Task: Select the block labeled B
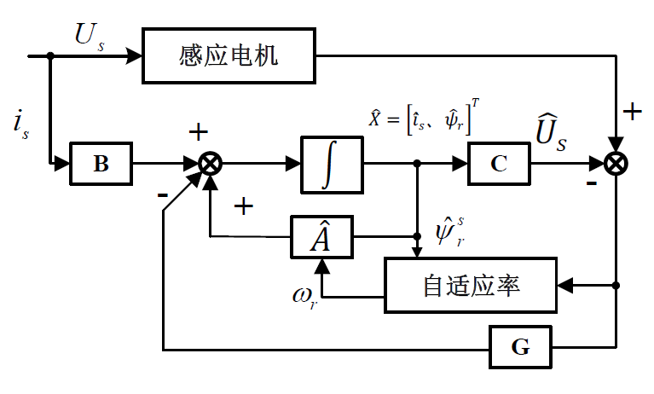(101, 163)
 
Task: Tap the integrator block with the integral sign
(332, 163)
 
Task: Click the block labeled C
(499, 163)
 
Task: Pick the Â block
(321, 237)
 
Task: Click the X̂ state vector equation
(422, 120)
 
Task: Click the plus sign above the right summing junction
(632, 112)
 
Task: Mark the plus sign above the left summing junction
(198, 132)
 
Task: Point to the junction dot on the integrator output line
(417, 163)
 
